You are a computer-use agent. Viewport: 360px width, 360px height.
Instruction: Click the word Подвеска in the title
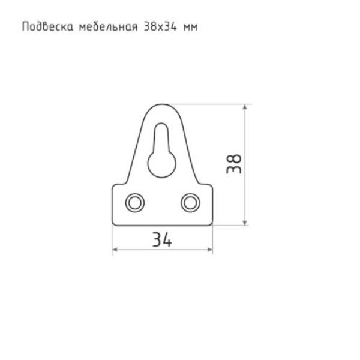pyautogui.click(x=47, y=27)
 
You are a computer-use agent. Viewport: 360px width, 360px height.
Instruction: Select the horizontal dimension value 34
pyautogui.click(x=162, y=240)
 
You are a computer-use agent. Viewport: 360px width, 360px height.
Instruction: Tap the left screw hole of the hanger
pyautogui.click(x=134, y=202)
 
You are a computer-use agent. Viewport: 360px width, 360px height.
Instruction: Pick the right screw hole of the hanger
pyautogui.click(x=191, y=202)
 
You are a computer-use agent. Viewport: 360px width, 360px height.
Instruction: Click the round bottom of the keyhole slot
pyautogui.click(x=162, y=162)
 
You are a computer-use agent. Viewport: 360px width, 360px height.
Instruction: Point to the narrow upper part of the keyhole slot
pyautogui.click(x=162, y=135)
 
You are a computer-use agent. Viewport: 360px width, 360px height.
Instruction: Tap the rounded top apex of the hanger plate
pyautogui.click(x=162, y=104)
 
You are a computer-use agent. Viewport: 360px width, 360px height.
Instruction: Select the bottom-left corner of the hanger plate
pyautogui.click(x=114, y=223)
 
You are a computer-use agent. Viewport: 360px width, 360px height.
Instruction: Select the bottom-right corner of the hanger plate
pyautogui.click(x=211, y=223)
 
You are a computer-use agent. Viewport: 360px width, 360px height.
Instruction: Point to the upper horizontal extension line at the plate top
pyautogui.click(x=210, y=104)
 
